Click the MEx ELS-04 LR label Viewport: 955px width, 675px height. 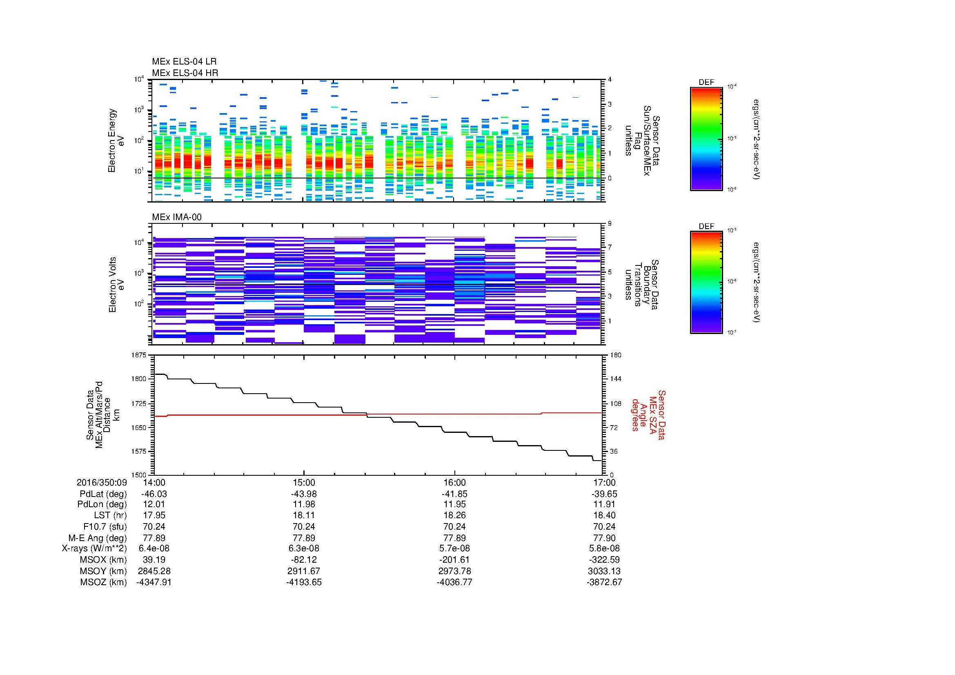[x=184, y=62]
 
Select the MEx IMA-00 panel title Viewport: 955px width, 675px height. [x=176, y=217]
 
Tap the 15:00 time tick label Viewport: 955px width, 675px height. [x=304, y=482]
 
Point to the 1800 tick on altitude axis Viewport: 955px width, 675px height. [x=138, y=379]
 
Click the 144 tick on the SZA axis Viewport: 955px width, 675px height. [x=615, y=379]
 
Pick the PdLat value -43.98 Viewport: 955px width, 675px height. [x=304, y=494]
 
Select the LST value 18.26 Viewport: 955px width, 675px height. [x=454, y=515]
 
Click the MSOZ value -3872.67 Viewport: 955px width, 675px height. [x=604, y=582]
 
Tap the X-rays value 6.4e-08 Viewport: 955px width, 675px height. [x=154, y=548]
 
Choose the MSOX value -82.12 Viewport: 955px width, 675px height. [x=304, y=560]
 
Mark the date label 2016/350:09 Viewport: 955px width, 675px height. [x=102, y=482]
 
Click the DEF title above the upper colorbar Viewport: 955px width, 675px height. [x=706, y=82]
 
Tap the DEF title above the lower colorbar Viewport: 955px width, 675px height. [x=706, y=226]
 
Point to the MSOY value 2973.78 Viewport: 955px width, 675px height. [x=454, y=571]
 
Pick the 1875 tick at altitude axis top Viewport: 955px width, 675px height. [x=138, y=355]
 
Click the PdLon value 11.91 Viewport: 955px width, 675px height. [x=604, y=504]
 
